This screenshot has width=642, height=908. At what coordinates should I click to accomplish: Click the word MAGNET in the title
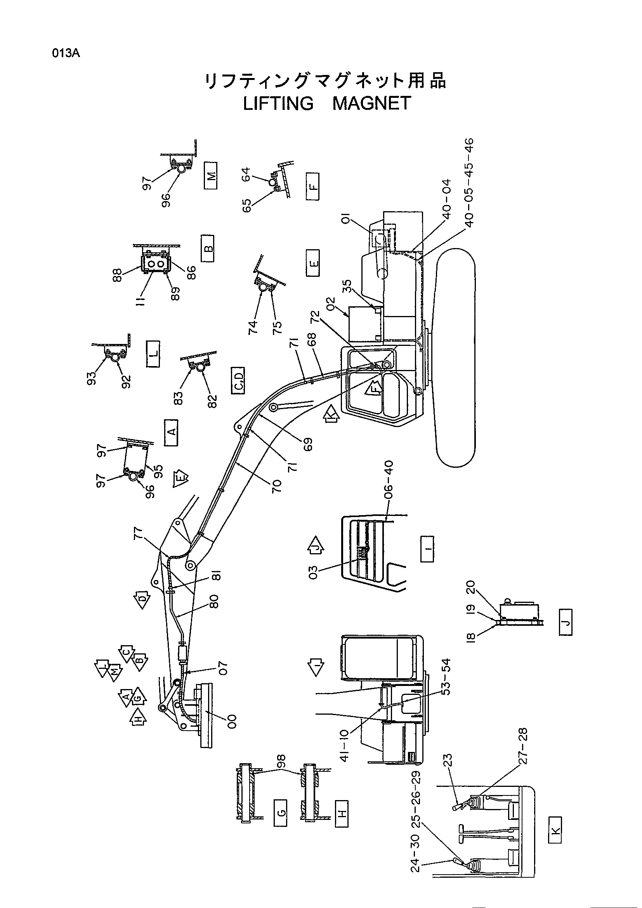[x=371, y=103]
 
